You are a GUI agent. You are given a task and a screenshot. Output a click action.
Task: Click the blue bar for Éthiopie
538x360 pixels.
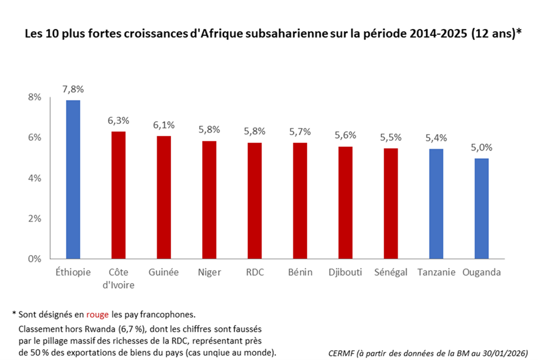point(73,179)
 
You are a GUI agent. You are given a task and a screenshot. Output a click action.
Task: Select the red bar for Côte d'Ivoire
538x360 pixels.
point(118,195)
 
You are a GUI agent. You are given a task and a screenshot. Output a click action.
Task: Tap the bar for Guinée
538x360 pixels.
point(164,197)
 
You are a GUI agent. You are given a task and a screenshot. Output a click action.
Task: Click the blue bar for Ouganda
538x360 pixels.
point(482,208)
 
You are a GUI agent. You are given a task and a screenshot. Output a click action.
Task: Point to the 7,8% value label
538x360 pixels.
point(73,89)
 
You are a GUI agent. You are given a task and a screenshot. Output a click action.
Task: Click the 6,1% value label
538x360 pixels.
point(164,125)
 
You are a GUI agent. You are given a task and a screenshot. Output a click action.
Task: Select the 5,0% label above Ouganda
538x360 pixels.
point(482,147)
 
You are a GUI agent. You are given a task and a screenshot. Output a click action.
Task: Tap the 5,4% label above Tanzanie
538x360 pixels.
point(436,138)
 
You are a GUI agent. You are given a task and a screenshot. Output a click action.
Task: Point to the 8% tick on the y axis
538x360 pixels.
point(35,97)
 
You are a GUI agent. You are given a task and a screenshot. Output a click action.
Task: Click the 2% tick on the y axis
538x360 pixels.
point(35,218)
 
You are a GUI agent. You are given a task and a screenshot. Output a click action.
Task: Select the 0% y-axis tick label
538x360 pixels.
point(35,259)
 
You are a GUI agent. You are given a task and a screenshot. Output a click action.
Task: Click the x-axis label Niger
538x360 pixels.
point(209,272)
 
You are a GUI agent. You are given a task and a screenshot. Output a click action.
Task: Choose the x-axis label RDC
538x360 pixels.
point(254,272)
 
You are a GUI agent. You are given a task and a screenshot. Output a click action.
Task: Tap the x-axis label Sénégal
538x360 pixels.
point(391,272)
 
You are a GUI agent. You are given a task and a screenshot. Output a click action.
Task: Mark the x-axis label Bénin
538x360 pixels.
point(300,272)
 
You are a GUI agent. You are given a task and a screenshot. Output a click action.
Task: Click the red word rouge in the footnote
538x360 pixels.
point(97,314)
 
